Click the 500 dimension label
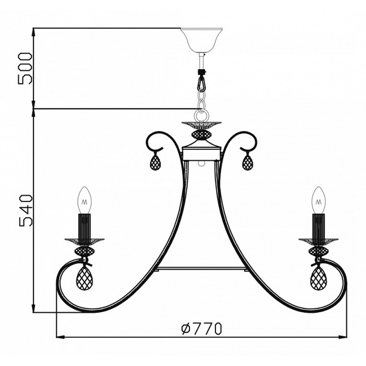coord(25,68)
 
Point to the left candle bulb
coord(85,200)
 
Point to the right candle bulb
coord(319,200)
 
